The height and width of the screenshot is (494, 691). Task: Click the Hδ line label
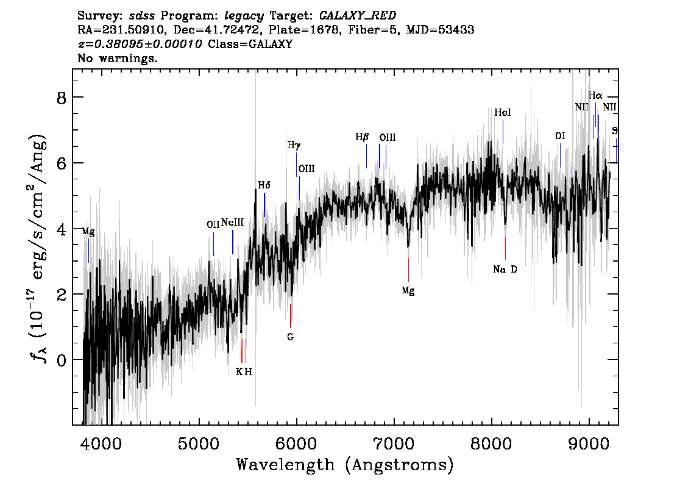(x=264, y=185)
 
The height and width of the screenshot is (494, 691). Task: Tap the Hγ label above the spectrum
(x=294, y=145)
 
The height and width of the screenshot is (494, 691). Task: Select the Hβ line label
(x=362, y=137)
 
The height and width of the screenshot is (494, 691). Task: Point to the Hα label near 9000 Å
(x=595, y=95)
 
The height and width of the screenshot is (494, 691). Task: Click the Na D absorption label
(x=505, y=270)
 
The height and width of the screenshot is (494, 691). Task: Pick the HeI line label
(x=503, y=113)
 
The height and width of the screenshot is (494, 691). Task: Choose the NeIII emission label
(x=232, y=223)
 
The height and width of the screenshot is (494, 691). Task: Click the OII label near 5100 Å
(x=213, y=224)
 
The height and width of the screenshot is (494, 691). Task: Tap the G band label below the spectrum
(x=291, y=337)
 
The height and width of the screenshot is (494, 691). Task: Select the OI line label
(x=559, y=136)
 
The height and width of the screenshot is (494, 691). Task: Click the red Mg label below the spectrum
(x=408, y=292)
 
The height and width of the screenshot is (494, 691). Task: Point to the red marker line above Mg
(x=408, y=268)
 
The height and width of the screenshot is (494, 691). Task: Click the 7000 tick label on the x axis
(x=394, y=442)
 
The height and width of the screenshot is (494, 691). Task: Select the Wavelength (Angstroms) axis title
(x=345, y=465)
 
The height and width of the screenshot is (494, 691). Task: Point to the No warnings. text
(x=118, y=59)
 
